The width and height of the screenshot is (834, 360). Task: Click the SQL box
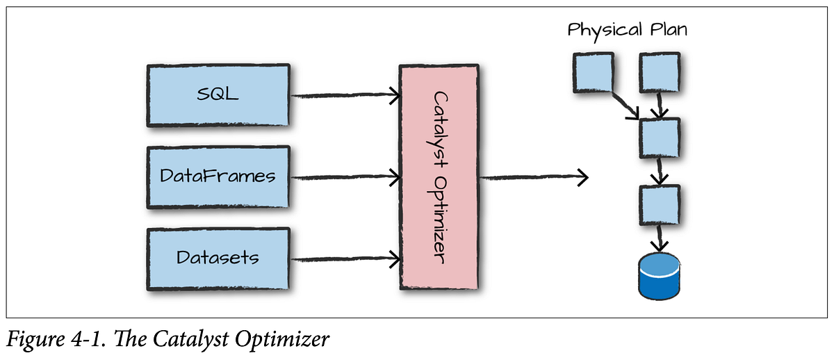218,95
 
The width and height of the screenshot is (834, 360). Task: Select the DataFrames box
218,177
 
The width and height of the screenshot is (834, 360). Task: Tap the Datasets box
218,258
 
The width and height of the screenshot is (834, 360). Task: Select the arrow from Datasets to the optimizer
344,260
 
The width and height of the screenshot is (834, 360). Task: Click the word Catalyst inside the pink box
439,125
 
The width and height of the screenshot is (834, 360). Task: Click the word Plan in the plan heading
664,31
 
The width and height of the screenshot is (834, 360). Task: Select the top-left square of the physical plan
593,74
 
